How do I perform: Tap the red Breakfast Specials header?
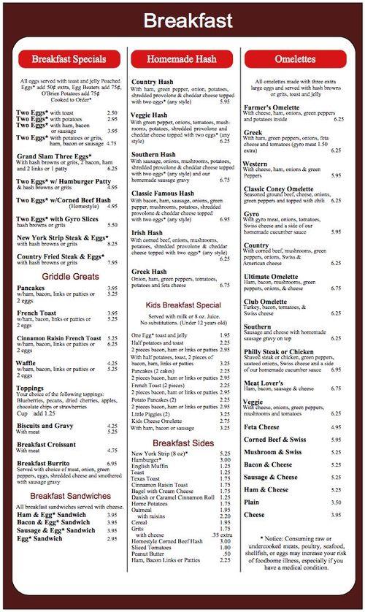pos(70,59)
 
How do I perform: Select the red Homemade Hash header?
pos(182,59)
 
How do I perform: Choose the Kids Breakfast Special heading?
pos(184,305)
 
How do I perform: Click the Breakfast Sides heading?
pos(183,443)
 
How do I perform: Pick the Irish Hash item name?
pos(147,233)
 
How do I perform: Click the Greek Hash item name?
pos(149,272)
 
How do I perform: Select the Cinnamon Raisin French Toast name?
pos(59,338)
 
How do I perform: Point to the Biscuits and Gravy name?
pos(45,426)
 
